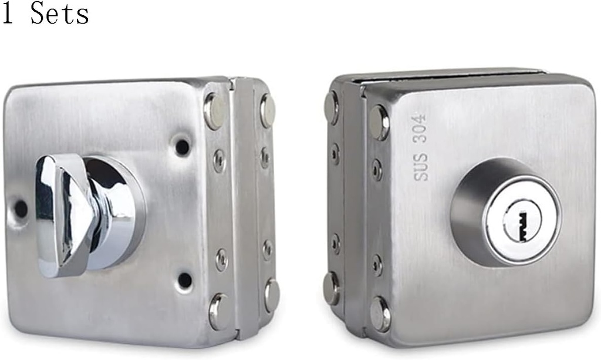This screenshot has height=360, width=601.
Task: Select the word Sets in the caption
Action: [x=59, y=14]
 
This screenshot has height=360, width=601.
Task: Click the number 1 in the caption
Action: [x=8, y=14]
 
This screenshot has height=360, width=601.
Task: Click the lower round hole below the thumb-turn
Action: [x=185, y=280]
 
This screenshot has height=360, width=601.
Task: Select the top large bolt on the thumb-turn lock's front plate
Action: [x=214, y=111]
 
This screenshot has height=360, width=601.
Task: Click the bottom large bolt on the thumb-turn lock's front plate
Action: [x=218, y=311]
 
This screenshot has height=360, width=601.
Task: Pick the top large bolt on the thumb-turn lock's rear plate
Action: [x=268, y=110]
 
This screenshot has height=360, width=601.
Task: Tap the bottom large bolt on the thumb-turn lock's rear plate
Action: [x=271, y=295]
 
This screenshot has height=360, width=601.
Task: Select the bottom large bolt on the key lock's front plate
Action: [x=380, y=314]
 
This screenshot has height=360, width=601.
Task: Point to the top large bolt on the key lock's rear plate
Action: [x=332, y=107]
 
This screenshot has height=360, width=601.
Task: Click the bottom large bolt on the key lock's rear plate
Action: [x=332, y=288]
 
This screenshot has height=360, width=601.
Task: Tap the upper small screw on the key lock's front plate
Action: [x=377, y=170]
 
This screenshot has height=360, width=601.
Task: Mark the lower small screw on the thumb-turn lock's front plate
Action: [x=221, y=260]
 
